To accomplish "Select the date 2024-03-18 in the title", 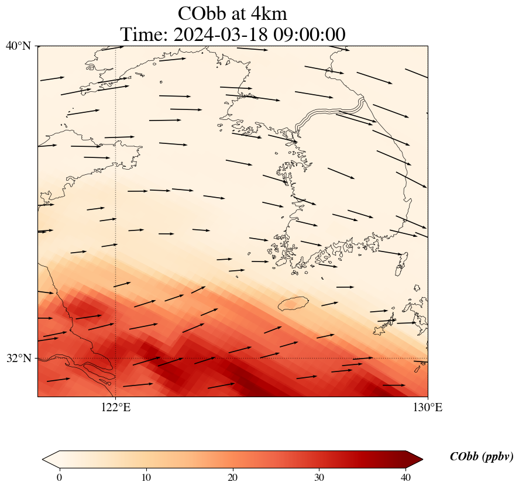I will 219,35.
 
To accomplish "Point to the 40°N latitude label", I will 18,46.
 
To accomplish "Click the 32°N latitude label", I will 18,358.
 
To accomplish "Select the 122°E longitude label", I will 116,407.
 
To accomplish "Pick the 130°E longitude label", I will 428,407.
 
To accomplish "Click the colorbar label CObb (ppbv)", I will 482,457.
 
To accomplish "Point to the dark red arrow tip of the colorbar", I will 410,459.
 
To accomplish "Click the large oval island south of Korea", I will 293,304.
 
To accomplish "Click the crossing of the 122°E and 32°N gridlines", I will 116,358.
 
